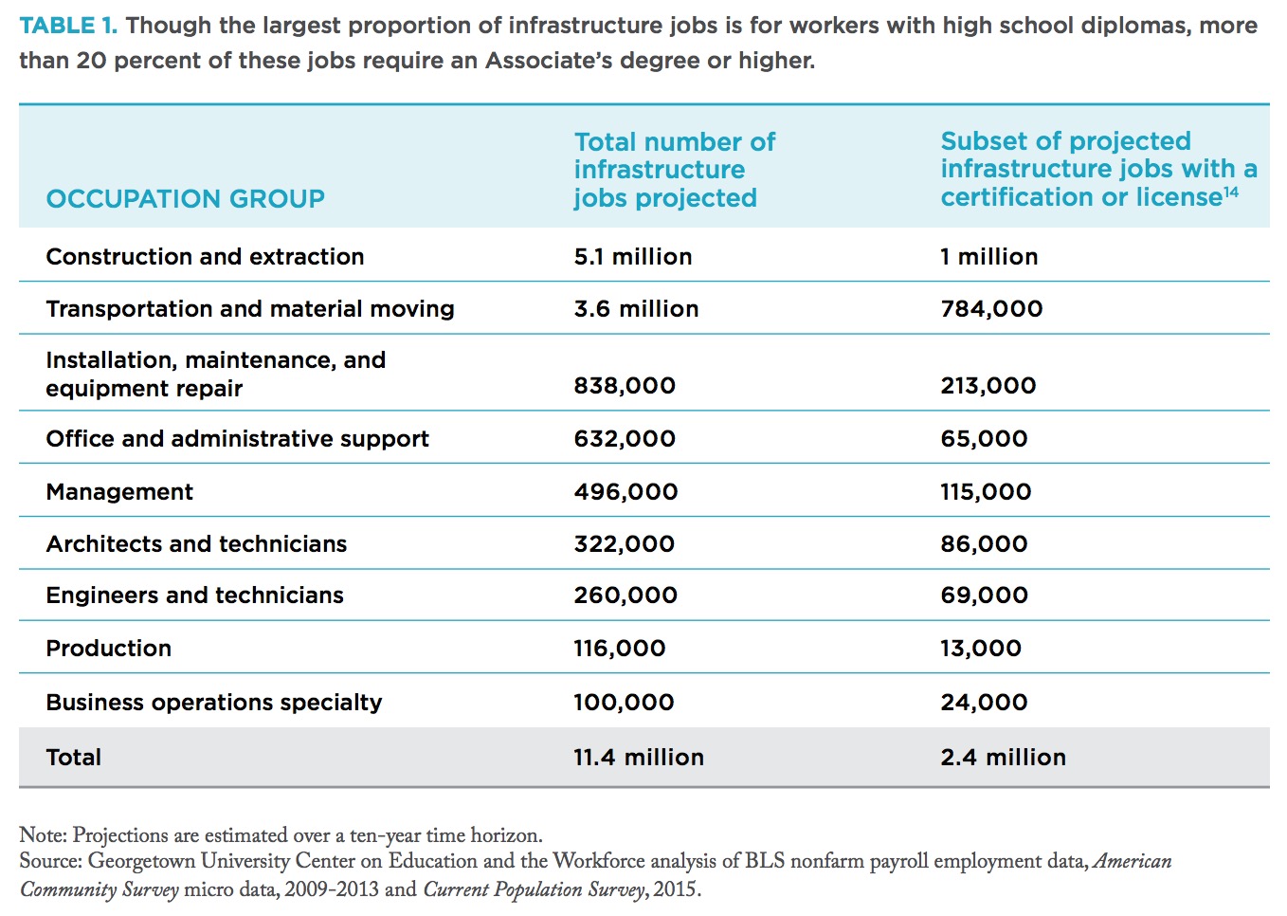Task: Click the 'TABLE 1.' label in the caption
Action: tap(68, 26)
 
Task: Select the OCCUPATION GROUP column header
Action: tap(185, 199)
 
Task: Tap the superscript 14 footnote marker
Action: tap(1231, 192)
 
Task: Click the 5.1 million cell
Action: tap(632, 257)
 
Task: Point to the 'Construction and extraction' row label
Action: tap(205, 257)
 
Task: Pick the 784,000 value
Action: tap(991, 309)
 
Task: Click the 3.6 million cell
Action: tap(636, 309)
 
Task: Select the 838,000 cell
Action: tap(625, 385)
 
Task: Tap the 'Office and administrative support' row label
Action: tap(237, 439)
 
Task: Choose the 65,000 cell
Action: tap(984, 439)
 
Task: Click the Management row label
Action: tap(119, 492)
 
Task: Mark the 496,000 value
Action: tap(625, 492)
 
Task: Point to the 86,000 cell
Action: tap(984, 544)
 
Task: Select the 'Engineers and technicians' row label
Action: tap(195, 595)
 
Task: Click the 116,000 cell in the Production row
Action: tap(620, 649)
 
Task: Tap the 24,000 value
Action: tap(984, 703)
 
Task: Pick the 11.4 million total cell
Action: tap(639, 758)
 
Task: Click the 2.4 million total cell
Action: tap(1004, 758)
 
